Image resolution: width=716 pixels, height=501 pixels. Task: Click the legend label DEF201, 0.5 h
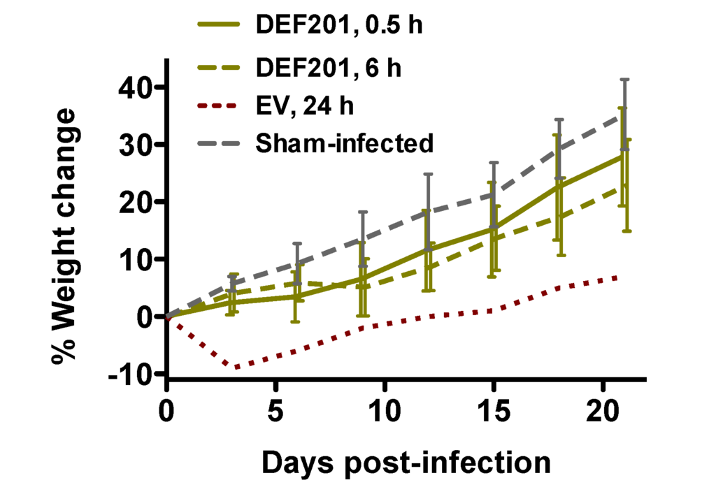pos(339,27)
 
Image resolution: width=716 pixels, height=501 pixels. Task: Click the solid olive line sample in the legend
pos(220,27)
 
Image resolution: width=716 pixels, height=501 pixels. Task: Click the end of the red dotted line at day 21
pos(617,277)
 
